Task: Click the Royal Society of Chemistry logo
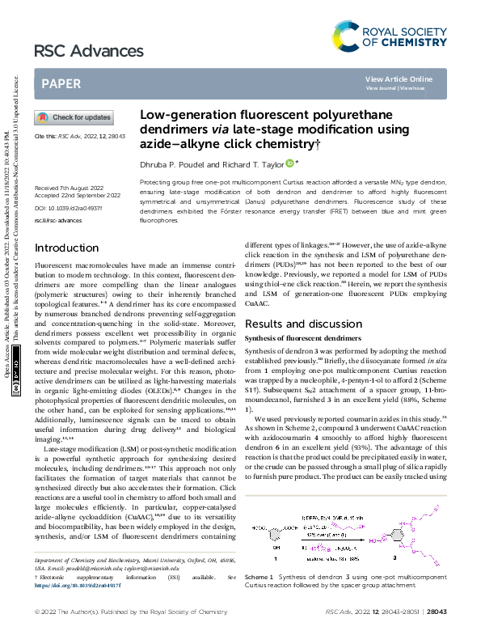pos(390,35)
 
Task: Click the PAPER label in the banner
pos(60,83)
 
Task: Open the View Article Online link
pos(399,78)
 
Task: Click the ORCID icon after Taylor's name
pos(289,163)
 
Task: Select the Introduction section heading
pos(67,248)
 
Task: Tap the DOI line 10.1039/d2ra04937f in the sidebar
pos(63,208)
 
